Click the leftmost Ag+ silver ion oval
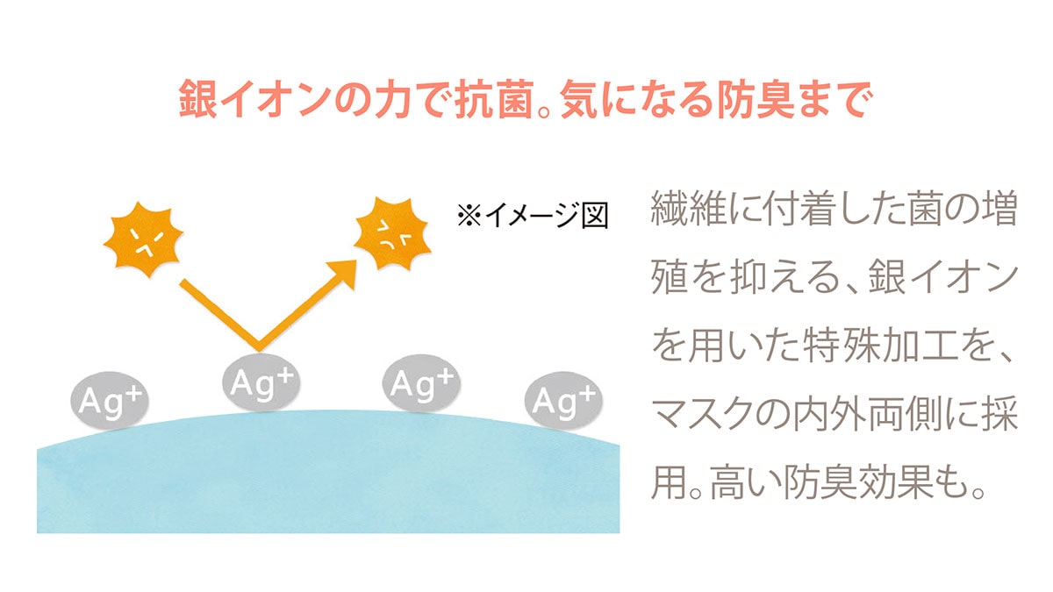(110, 401)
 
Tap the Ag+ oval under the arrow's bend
(261, 383)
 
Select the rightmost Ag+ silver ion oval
(563, 401)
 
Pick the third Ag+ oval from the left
(422, 383)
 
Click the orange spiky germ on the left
(143, 239)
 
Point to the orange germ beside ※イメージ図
(393, 234)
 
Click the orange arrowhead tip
(356, 260)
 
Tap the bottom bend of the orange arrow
(258, 347)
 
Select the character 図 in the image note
(595, 216)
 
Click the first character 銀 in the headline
(198, 98)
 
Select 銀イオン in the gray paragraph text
(943, 278)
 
